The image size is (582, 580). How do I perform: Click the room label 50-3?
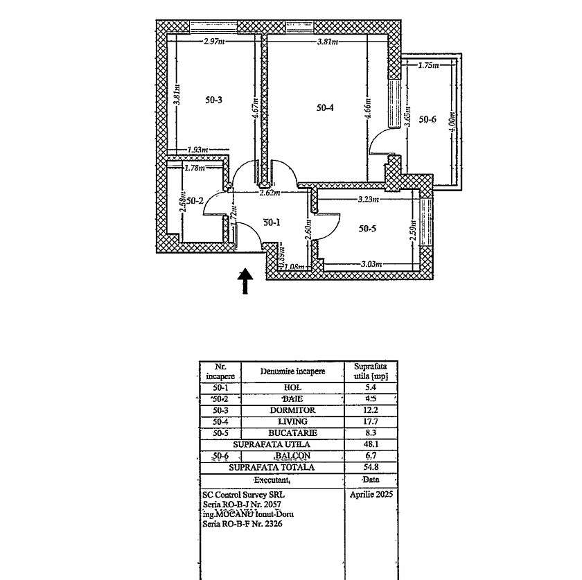pyautogui.click(x=214, y=100)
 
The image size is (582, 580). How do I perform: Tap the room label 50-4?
pyautogui.click(x=325, y=107)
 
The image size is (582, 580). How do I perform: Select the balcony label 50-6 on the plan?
pyautogui.click(x=427, y=119)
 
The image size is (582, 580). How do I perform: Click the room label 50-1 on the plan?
pyautogui.click(x=272, y=222)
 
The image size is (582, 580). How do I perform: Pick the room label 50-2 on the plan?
pyautogui.click(x=195, y=201)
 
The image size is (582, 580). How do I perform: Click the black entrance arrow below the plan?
pyautogui.click(x=245, y=281)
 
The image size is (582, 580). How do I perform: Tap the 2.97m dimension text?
pyautogui.click(x=215, y=42)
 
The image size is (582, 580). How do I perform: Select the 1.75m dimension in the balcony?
pyautogui.click(x=429, y=65)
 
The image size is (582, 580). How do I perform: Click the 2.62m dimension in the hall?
pyautogui.click(x=269, y=193)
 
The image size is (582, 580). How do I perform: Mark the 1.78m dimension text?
pyautogui.click(x=195, y=167)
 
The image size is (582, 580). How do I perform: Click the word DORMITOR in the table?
pyautogui.click(x=292, y=410)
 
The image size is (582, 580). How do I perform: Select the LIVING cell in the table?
pyautogui.click(x=292, y=421)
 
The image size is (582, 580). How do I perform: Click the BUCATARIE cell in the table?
pyautogui.click(x=292, y=433)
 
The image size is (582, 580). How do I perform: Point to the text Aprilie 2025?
pyautogui.click(x=371, y=495)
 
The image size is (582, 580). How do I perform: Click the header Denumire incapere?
pyautogui.click(x=292, y=371)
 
